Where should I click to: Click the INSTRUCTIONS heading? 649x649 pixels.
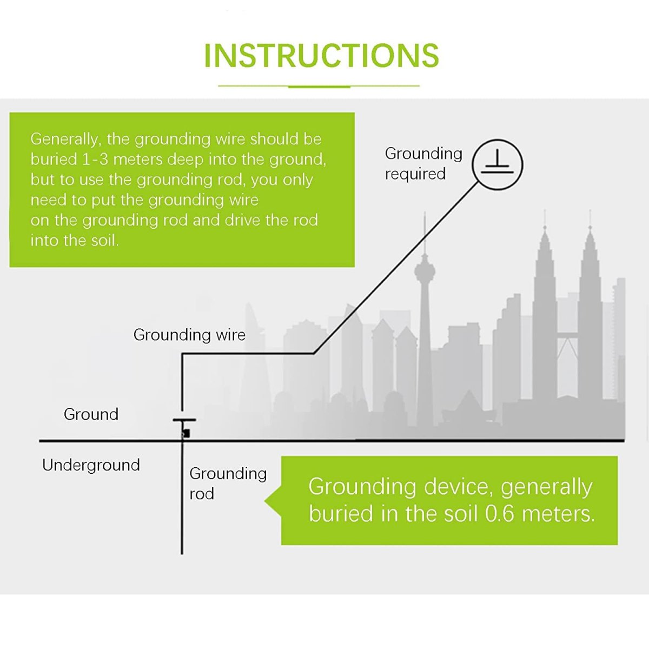pyautogui.click(x=321, y=56)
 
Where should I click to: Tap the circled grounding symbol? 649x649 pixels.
pyautogui.click(x=497, y=165)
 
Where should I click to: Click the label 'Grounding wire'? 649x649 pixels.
pyautogui.click(x=189, y=335)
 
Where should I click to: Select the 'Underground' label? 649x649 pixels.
pyautogui.click(x=91, y=465)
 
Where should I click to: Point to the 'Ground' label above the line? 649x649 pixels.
pyautogui.click(x=91, y=414)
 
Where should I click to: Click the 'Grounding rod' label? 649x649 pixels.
pyautogui.click(x=228, y=484)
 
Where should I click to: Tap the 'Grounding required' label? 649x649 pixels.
pyautogui.click(x=423, y=164)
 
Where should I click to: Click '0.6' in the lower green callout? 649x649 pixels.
pyautogui.click(x=500, y=514)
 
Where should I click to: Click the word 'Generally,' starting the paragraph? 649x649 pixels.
pyautogui.click(x=66, y=140)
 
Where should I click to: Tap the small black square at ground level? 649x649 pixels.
pyautogui.click(x=186, y=433)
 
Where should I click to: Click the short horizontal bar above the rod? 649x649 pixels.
pyautogui.click(x=184, y=420)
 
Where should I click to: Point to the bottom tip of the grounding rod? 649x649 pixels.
pyautogui.click(x=182, y=554)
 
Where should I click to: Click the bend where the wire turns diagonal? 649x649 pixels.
pyautogui.click(x=314, y=353)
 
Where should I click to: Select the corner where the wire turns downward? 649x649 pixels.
pyautogui.click(x=182, y=354)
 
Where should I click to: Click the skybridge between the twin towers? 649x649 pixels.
pyautogui.click(x=568, y=334)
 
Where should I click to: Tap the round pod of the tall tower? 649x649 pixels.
pyautogui.click(x=424, y=270)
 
